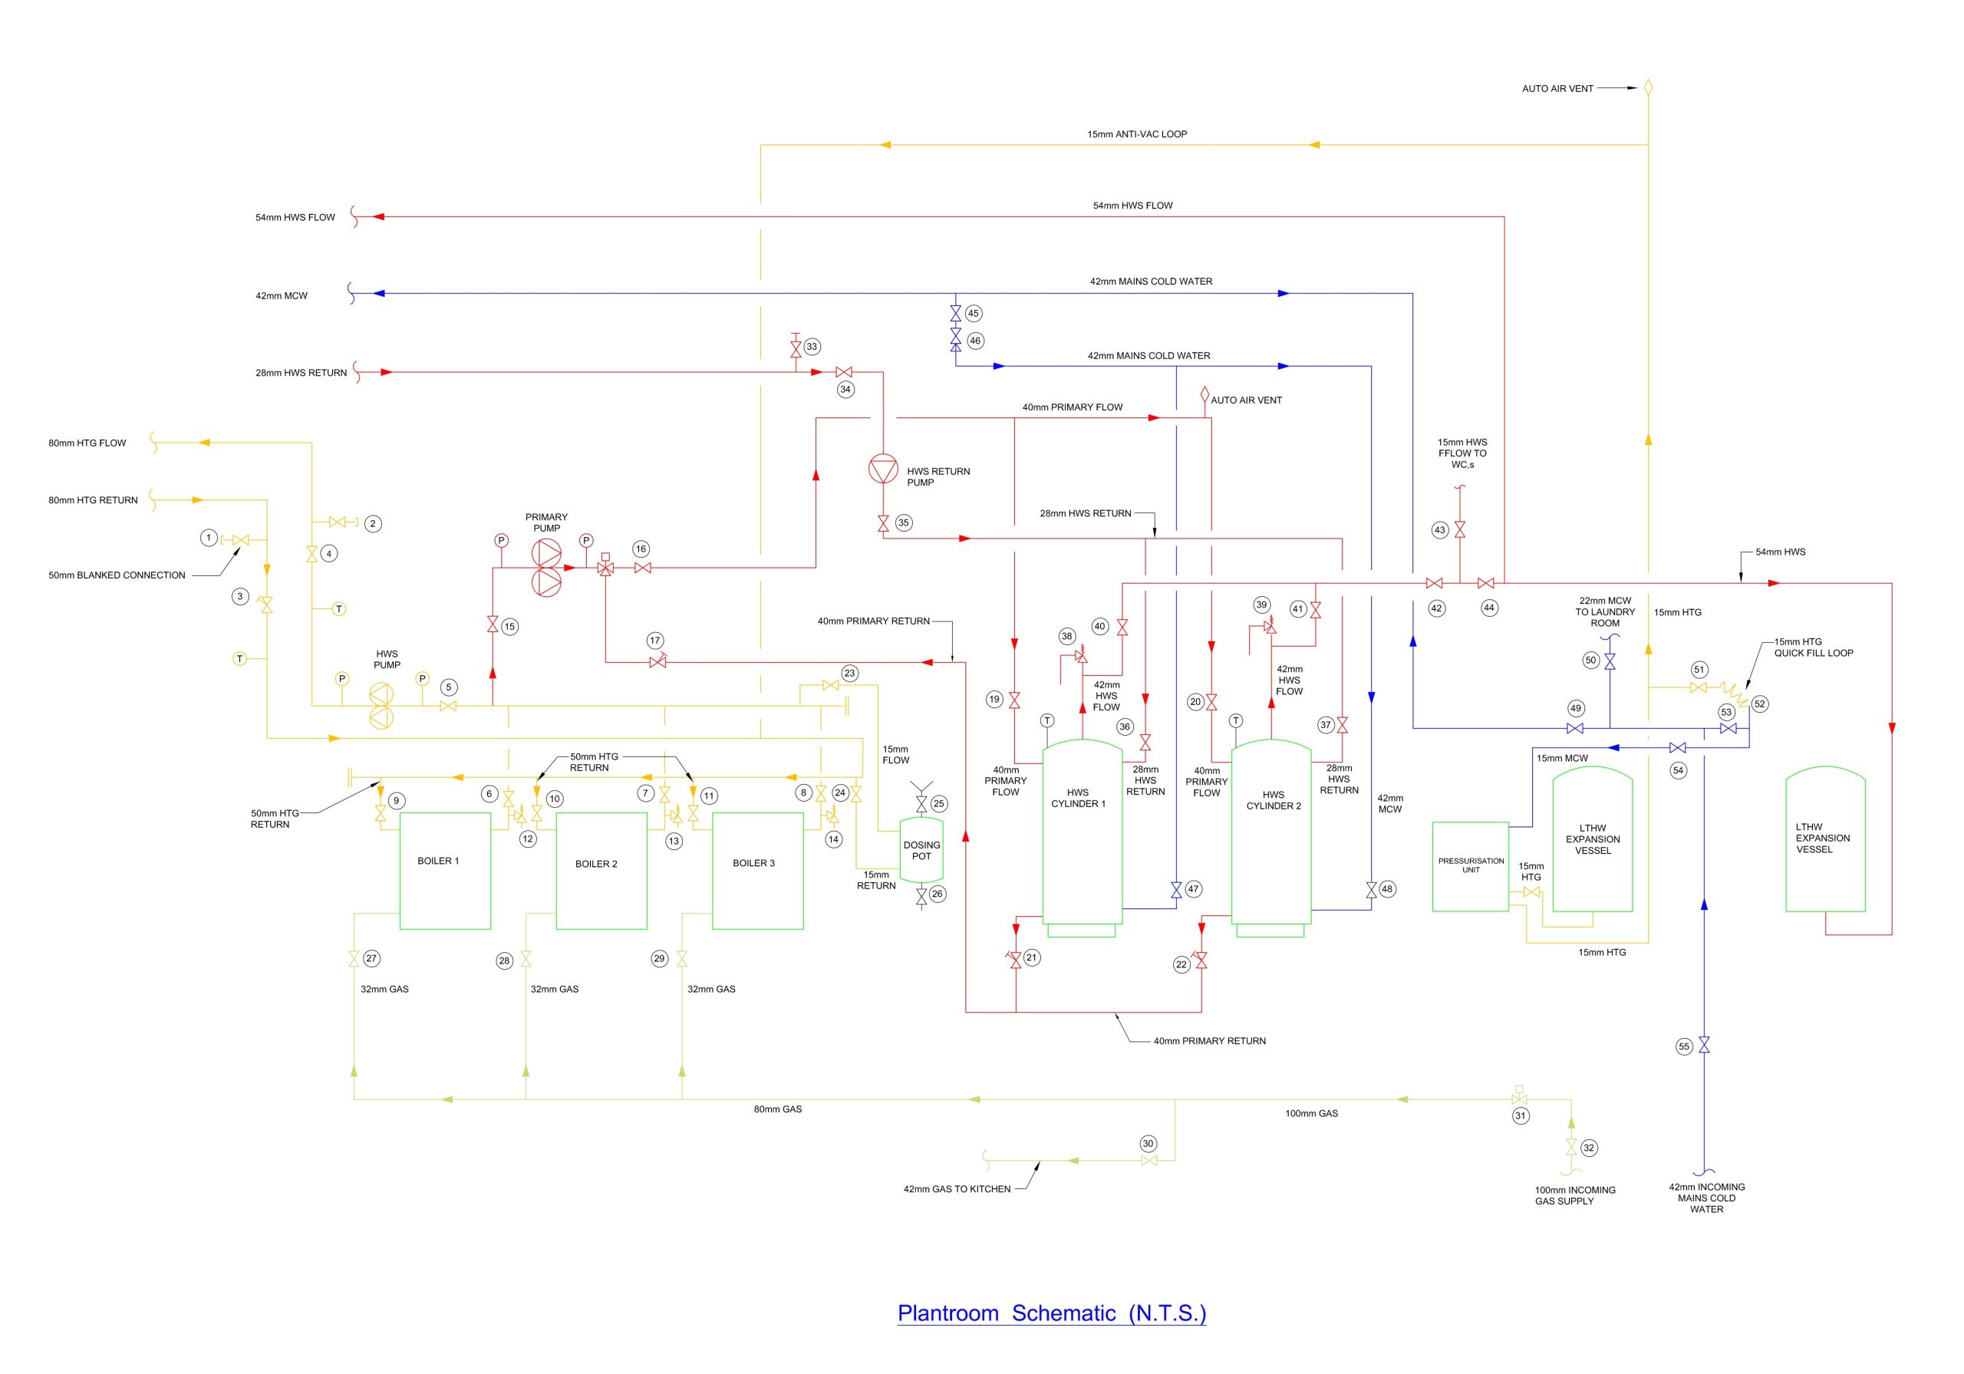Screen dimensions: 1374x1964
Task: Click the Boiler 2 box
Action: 601,870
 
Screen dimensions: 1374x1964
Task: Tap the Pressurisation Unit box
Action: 1471,866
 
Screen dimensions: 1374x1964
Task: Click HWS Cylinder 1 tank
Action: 1081,834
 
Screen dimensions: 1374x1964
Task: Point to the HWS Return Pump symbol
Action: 883,470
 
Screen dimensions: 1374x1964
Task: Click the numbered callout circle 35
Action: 903,522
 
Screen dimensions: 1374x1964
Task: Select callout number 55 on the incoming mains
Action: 1684,1046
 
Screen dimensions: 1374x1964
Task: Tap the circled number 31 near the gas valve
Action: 1520,1115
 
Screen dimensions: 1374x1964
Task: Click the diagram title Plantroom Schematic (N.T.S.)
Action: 1051,1313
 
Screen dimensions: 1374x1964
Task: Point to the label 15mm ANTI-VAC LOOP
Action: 1137,134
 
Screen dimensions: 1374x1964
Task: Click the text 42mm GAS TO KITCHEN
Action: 957,1189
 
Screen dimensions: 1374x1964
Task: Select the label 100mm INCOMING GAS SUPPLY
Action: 1575,1195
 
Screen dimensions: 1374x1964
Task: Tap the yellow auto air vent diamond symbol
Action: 1649,87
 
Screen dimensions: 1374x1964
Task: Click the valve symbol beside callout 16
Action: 643,568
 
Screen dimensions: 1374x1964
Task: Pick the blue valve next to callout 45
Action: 955,314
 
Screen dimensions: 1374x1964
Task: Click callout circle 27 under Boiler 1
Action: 371,958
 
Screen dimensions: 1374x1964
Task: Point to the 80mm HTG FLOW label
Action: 87,443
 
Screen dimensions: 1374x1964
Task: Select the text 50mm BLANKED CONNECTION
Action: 117,575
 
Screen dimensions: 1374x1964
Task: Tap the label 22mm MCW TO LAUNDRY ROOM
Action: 1605,611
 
